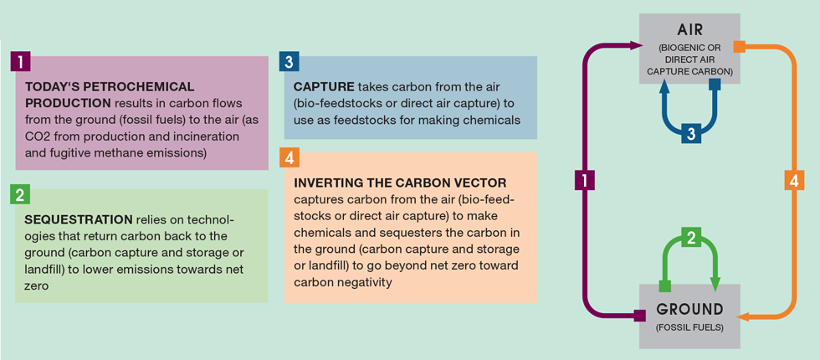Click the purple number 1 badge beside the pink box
click(x=20, y=61)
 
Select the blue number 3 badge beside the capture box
click(x=290, y=61)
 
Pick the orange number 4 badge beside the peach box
click(x=290, y=157)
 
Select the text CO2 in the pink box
click(x=36, y=137)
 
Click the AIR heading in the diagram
click(x=689, y=30)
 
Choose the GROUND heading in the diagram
click(x=689, y=309)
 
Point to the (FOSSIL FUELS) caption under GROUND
click(x=689, y=328)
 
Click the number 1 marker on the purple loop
click(x=584, y=182)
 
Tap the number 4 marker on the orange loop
click(x=794, y=182)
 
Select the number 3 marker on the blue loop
click(x=691, y=134)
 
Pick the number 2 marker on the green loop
click(x=691, y=238)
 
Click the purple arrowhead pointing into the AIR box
click(x=637, y=46)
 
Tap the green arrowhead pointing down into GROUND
click(x=715, y=283)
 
